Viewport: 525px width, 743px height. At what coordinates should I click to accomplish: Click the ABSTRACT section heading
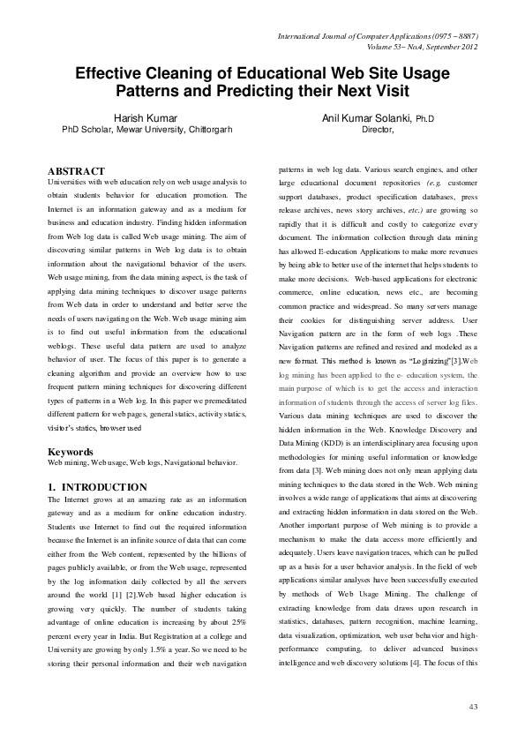click(76, 170)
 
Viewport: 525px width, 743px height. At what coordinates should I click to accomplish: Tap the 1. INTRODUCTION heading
click(97, 487)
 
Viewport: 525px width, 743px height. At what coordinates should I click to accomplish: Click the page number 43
click(474, 707)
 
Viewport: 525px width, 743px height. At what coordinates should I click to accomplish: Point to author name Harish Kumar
click(146, 117)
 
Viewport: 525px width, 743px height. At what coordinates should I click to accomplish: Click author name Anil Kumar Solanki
click(364, 117)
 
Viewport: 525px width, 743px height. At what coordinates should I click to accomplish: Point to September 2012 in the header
click(451, 47)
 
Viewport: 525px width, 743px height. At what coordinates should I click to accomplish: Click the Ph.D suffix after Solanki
click(424, 118)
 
